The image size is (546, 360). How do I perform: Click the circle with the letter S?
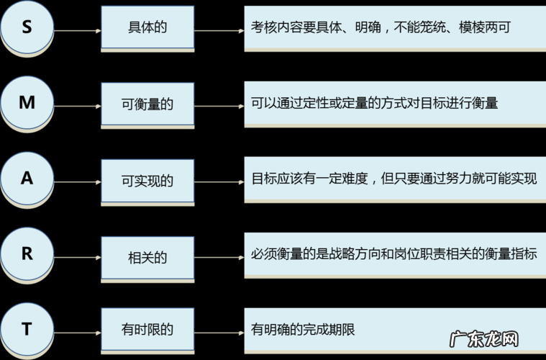point(27,28)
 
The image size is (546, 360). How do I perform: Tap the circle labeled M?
point(27,104)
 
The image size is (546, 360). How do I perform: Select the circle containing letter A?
point(27,179)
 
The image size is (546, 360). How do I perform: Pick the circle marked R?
point(27,254)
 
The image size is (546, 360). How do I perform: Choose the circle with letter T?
point(27,330)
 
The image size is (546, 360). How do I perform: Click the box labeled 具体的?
point(147,27)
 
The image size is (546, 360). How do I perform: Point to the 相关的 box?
point(147,255)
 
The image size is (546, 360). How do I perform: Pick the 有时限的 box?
point(147,330)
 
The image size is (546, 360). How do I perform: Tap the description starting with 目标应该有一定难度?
point(394,179)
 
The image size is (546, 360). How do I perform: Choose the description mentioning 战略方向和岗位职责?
point(394,254)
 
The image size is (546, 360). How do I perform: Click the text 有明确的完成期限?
point(303,330)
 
